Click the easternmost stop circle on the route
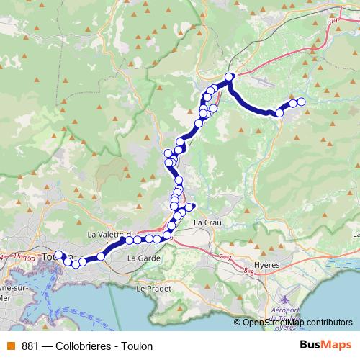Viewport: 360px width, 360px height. (301, 102)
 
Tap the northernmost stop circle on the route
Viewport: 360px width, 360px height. (230, 77)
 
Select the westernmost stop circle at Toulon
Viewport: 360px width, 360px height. (60, 255)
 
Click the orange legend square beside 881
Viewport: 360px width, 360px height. (10, 346)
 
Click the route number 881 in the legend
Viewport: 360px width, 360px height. (31, 346)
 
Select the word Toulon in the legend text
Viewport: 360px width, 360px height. (137, 346)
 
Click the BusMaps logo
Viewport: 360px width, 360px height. (325, 345)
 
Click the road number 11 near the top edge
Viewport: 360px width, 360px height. (333, 21)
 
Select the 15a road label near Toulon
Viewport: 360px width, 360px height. (29, 257)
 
